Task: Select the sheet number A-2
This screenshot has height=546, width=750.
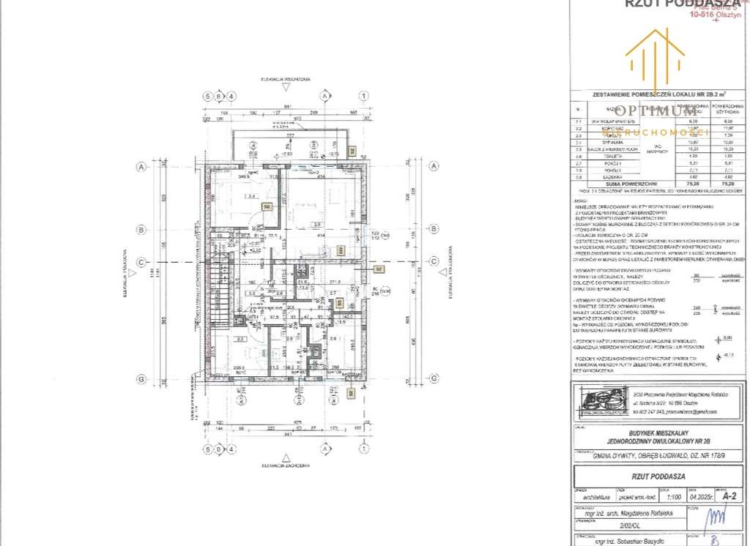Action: [x=726, y=495]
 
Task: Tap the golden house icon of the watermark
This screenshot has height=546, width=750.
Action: [x=654, y=55]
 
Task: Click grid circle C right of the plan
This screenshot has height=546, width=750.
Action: [x=433, y=261]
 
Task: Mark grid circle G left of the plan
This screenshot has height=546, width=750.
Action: [x=139, y=378]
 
